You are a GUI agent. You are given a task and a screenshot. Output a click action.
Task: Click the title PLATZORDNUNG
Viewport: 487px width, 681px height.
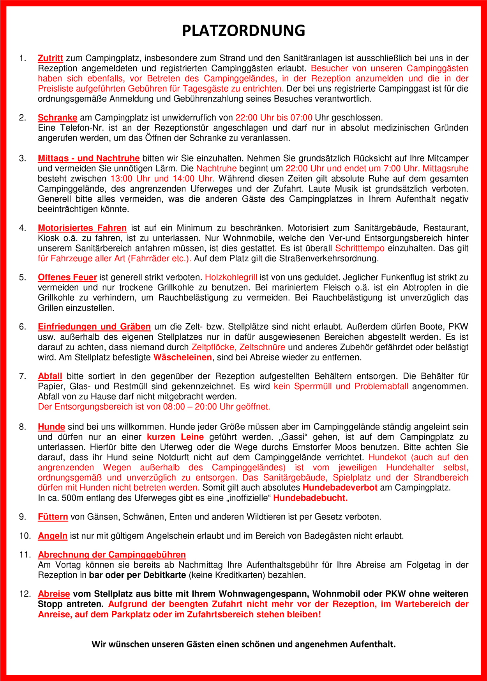click(243, 31)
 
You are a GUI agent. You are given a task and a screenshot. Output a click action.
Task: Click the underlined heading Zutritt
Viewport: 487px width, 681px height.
click(50, 59)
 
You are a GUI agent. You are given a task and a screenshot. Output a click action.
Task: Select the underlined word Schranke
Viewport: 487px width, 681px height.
click(57, 118)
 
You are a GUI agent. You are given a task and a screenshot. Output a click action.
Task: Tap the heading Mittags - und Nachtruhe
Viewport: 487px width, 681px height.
click(88, 158)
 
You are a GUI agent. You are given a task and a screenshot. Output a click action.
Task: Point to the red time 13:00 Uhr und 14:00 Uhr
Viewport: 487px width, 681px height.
click(161, 179)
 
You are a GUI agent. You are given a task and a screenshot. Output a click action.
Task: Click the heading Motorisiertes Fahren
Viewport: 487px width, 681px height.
click(82, 228)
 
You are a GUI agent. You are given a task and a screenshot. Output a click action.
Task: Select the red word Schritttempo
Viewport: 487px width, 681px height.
click(360, 248)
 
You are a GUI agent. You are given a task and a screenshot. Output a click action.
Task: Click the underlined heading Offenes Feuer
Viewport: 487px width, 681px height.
click(67, 277)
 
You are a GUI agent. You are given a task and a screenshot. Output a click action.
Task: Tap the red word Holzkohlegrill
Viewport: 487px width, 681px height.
click(231, 277)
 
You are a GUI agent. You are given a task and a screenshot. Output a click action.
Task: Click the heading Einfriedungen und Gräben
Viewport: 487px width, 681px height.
click(94, 327)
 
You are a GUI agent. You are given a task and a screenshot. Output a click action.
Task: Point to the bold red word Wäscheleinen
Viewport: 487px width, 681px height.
click(182, 357)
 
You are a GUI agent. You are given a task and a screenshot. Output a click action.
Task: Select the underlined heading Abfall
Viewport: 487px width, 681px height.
click(50, 376)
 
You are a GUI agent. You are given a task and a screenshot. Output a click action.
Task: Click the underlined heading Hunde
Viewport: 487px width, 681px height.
click(51, 427)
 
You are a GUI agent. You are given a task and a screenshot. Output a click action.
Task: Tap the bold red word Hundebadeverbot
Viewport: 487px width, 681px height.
click(340, 488)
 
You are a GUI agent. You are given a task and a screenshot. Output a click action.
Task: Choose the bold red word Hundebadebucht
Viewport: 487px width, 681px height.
click(310, 498)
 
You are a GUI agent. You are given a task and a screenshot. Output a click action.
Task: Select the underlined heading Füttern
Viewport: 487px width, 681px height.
click(53, 517)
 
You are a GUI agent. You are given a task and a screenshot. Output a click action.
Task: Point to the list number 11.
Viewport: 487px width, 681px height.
click(25, 555)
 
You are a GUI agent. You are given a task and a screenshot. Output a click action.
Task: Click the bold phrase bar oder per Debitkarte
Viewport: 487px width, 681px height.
click(137, 575)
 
